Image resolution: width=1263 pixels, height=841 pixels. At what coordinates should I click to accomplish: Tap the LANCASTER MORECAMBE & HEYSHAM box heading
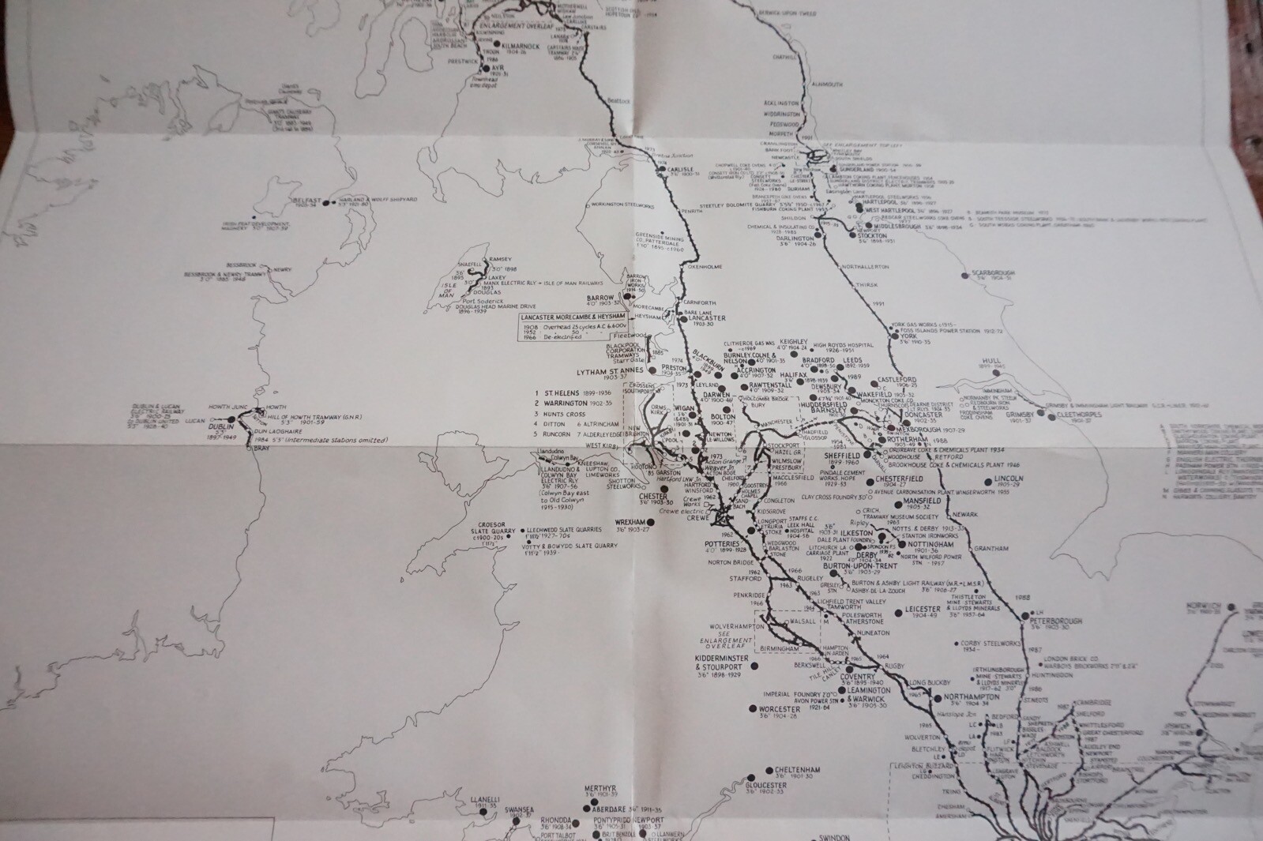pyautogui.click(x=575, y=317)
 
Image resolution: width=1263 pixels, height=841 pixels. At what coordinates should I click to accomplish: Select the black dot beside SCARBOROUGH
pyautogui.click(x=964, y=276)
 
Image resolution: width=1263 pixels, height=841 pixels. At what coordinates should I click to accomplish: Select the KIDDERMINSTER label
pyautogui.click(x=716, y=658)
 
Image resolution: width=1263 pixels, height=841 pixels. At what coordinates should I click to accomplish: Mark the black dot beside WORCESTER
pyautogui.click(x=754, y=709)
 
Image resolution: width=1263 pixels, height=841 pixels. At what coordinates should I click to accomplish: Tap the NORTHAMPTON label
pyautogui.click(x=967, y=696)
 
